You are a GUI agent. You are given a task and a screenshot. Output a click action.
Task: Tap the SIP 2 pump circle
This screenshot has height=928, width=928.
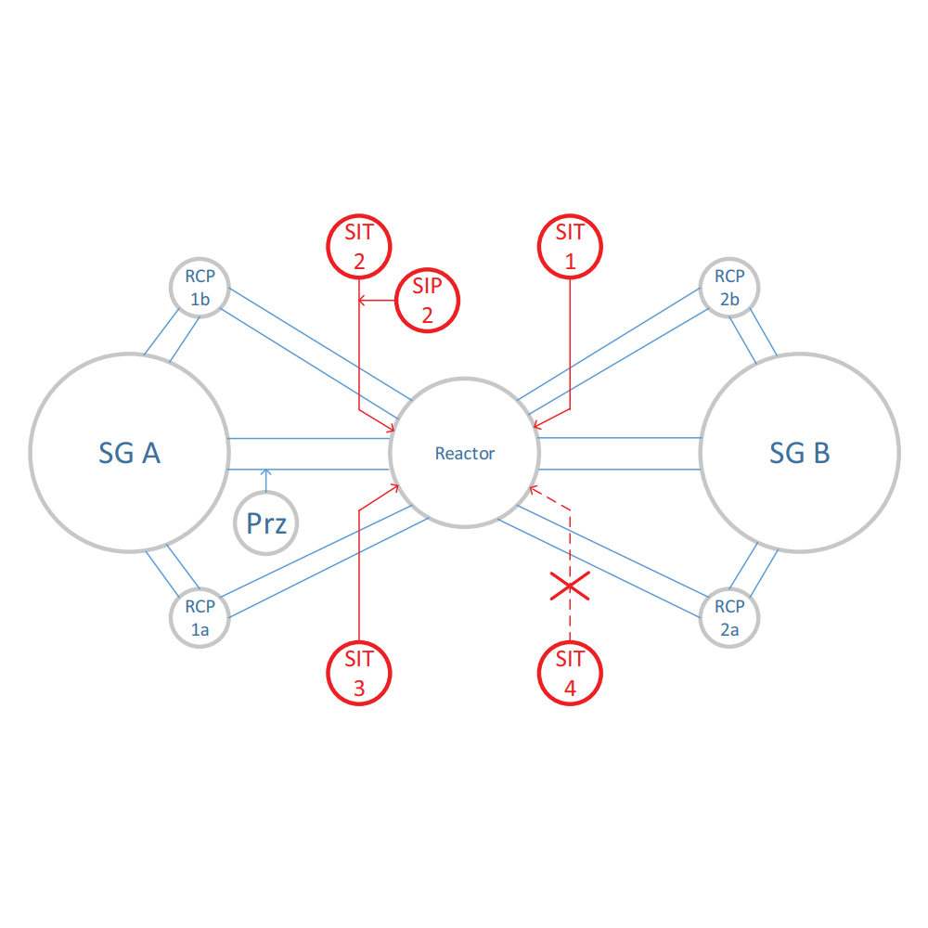(428, 301)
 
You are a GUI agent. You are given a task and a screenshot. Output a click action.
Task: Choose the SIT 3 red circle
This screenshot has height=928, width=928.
(359, 673)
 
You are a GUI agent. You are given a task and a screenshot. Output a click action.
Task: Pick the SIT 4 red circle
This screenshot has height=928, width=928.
(570, 673)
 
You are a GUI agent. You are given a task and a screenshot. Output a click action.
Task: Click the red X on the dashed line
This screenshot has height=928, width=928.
(570, 586)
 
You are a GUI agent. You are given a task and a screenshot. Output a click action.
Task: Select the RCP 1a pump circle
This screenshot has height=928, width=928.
(200, 618)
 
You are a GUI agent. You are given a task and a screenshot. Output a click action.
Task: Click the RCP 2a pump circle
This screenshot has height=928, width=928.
(729, 618)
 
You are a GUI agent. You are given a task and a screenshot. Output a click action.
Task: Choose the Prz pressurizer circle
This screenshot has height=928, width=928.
(266, 524)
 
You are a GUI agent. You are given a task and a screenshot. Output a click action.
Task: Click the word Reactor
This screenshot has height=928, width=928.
(465, 454)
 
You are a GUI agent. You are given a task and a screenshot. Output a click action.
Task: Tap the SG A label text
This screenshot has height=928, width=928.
(129, 453)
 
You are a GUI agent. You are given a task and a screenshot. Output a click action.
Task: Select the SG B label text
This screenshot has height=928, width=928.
(800, 453)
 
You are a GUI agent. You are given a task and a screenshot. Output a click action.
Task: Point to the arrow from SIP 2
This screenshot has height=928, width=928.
(364, 301)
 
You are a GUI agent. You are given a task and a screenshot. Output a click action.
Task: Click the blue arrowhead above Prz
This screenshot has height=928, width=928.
(265, 472)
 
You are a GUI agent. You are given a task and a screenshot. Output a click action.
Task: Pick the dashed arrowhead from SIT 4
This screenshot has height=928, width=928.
(532, 488)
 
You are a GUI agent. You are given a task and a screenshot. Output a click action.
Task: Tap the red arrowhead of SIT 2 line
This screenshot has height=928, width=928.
(393, 428)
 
